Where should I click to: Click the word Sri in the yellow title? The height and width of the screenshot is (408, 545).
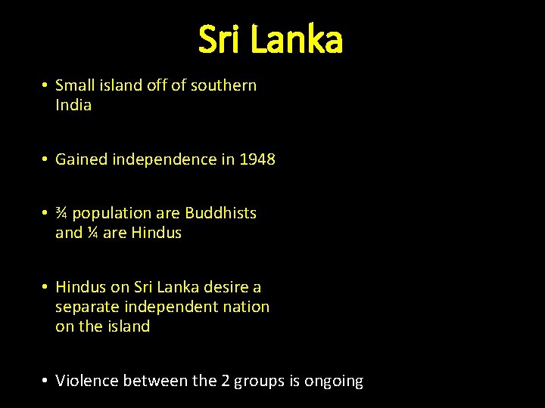pos(220,40)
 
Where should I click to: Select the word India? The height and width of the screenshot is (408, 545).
pos(73,105)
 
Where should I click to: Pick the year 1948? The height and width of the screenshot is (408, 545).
pos(257,159)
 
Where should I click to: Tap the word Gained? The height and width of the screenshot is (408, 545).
pos(81,159)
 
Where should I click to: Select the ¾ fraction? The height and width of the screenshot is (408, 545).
pos(62,213)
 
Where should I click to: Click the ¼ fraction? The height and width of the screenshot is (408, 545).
pos(92,233)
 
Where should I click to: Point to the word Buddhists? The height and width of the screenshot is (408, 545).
pos(221,213)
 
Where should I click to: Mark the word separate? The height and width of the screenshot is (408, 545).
pos(87,307)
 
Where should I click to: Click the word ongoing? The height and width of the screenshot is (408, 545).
pos(334,382)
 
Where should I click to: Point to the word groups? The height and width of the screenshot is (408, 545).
pos(259,382)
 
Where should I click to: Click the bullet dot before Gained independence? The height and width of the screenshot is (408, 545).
pos(46,159)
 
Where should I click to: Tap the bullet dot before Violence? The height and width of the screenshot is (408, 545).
pos(46,381)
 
